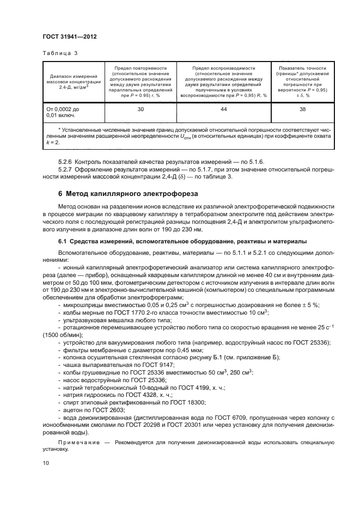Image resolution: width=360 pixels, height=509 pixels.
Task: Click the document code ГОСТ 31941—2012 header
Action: point(69,36)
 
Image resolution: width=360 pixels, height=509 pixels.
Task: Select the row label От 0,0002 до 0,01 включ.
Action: point(63,112)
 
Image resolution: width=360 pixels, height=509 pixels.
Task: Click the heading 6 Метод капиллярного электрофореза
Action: point(124,193)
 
